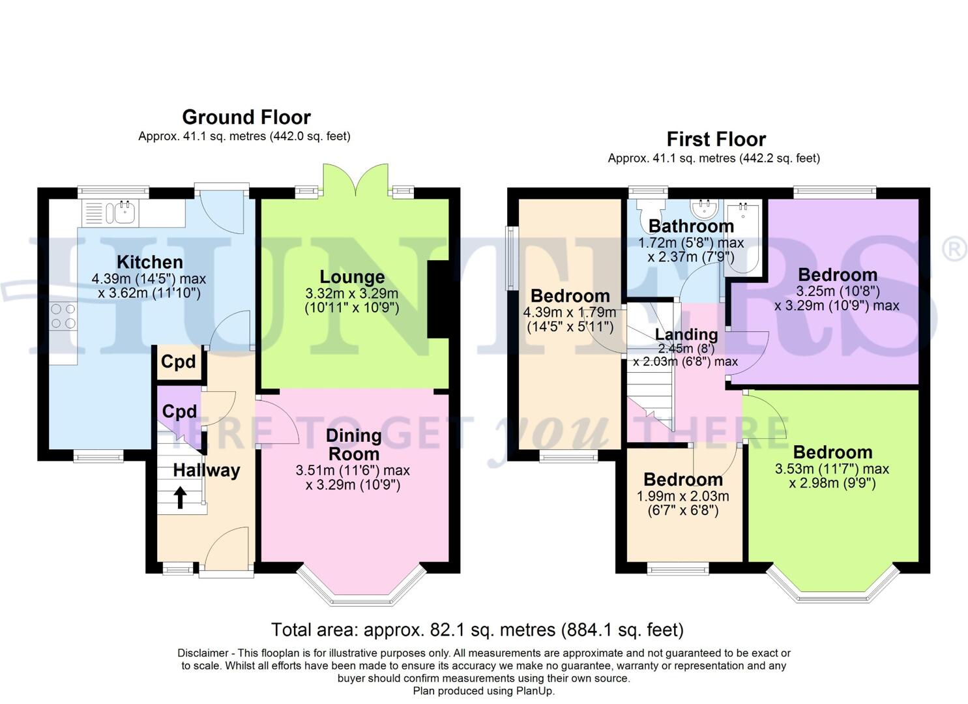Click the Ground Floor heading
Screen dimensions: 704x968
(246, 117)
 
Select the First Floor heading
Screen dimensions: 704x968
(716, 139)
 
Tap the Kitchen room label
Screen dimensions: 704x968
(149, 262)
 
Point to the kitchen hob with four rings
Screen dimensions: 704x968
(63, 315)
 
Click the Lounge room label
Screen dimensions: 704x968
(351, 277)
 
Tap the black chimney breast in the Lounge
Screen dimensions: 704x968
(438, 299)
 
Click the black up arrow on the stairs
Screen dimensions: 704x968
(180, 498)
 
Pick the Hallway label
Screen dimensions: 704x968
(206, 470)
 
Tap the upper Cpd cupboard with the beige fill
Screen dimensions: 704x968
(179, 362)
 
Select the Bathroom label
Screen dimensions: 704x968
(691, 226)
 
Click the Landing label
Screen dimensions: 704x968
(686, 334)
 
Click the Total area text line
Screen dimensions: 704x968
(477, 630)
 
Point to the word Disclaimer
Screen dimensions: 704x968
(202, 653)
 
